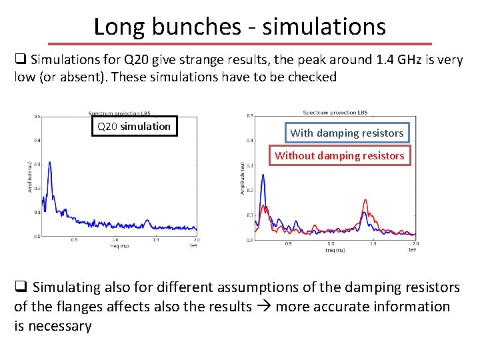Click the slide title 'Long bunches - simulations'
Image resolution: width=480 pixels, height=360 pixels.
(239, 26)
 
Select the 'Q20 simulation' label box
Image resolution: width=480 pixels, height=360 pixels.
(134, 126)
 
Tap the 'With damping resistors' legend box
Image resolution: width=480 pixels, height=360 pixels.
(347, 133)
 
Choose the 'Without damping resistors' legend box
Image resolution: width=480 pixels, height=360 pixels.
(339, 155)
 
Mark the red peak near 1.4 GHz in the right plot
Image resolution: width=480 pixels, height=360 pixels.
(365, 200)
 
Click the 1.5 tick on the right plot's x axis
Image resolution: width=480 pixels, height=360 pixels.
(373, 243)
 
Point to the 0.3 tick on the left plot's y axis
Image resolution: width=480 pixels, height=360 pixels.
(38, 164)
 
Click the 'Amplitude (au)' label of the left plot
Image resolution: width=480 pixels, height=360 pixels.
(30, 177)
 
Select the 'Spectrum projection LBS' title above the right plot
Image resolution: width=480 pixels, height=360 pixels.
(335, 112)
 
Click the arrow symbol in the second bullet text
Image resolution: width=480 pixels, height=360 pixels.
(264, 307)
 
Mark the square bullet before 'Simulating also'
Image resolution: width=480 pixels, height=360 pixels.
(21, 287)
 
